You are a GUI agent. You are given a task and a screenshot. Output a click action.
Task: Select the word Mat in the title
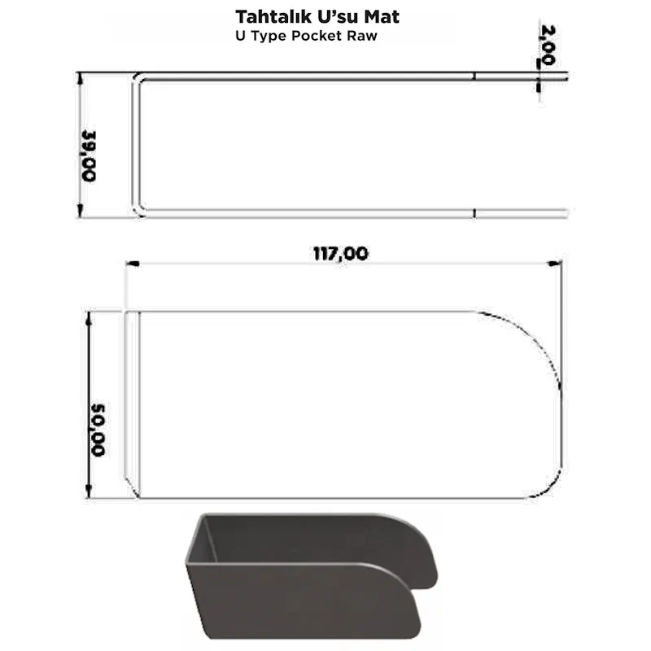[382, 16]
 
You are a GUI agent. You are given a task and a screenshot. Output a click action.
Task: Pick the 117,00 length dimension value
[340, 253]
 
